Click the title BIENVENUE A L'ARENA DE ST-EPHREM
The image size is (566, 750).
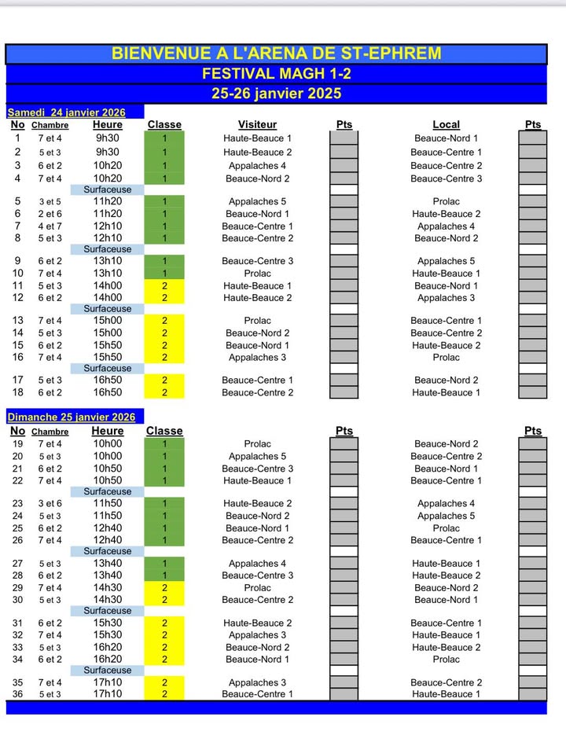[276, 53]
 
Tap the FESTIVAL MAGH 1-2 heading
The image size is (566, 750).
[276, 74]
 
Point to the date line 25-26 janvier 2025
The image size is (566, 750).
[276, 94]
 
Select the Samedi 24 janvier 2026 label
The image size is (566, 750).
[65, 112]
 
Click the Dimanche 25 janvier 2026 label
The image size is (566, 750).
[72, 417]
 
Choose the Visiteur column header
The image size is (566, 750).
[257, 125]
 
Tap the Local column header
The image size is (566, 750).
[446, 125]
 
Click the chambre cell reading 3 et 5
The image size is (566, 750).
[50, 202]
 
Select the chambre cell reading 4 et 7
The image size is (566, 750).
[50, 226]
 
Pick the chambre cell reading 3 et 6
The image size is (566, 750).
[50, 504]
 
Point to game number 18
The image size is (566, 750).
[17, 392]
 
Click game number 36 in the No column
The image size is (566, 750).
[17, 694]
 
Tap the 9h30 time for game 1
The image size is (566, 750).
[108, 138]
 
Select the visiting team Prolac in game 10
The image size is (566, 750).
[257, 274]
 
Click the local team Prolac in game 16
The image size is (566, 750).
[446, 358]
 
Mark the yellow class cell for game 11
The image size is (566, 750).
[164, 286]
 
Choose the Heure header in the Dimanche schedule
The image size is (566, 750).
[108, 431]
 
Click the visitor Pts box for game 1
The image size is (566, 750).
[344, 138]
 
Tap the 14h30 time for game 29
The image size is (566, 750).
[108, 588]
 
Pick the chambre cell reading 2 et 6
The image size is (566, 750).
[50, 214]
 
